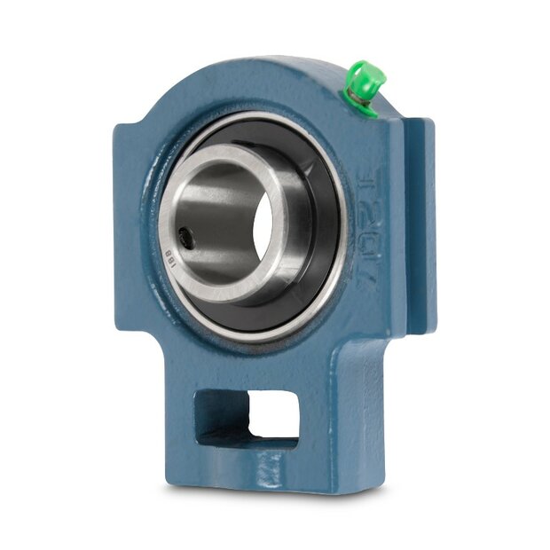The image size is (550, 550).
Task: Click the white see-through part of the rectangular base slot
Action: (273, 413)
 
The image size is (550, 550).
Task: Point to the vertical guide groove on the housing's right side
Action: (409, 222)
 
